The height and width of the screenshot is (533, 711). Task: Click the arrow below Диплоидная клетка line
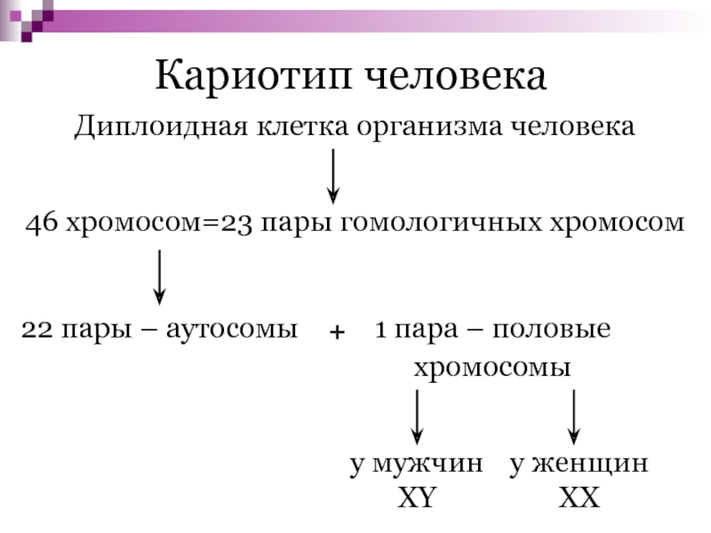332,174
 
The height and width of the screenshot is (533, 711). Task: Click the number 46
40,222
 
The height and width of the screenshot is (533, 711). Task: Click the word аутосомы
243,330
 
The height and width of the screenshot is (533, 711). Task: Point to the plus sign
336,331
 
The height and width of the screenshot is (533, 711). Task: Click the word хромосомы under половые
491,368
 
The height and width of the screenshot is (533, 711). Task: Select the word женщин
591,464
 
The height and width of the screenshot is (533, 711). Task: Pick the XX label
579,498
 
